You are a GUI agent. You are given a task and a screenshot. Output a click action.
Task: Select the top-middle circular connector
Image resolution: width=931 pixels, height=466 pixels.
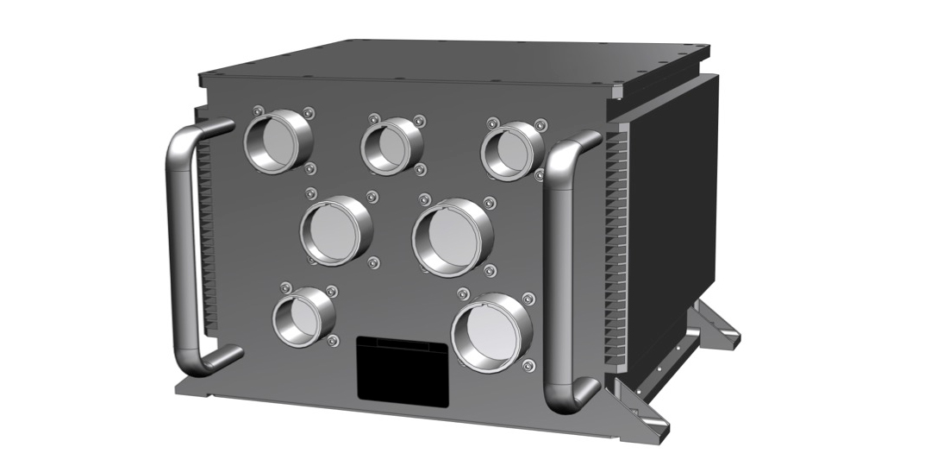pos(391,145)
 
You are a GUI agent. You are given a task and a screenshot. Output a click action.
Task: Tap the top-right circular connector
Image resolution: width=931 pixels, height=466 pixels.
pos(511,150)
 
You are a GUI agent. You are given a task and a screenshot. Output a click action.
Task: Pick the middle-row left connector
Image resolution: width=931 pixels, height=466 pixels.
pos(335,230)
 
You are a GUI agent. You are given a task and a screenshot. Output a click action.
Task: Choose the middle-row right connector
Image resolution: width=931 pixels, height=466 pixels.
pos(452,236)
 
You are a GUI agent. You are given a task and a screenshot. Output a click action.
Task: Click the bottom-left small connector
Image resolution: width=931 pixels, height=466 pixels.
pos(303,317)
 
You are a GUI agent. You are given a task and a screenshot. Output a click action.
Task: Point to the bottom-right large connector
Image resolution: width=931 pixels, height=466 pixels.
pos(491,333)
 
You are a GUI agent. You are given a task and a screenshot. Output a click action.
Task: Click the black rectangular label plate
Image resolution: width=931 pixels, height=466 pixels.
pos(403,368)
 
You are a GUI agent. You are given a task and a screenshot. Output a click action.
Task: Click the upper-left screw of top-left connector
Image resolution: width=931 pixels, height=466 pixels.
pos(256,110)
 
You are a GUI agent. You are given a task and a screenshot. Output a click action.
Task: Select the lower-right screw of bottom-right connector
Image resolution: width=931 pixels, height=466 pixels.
pos(528,368)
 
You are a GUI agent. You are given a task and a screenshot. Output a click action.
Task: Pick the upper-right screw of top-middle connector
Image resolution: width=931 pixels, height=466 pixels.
pos(419,121)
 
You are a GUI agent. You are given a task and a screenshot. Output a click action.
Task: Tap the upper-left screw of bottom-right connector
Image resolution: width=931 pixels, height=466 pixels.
pos(463,294)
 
